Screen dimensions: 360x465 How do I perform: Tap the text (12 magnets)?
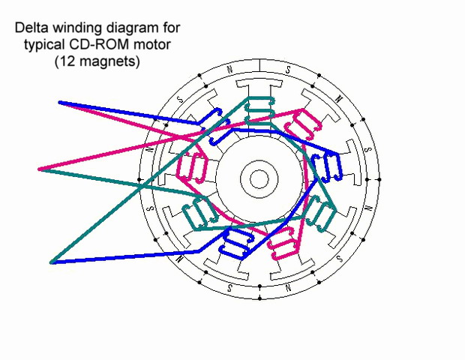(97, 63)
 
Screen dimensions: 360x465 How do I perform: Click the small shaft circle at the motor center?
(259, 178)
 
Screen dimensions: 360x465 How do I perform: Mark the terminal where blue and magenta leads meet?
(61, 103)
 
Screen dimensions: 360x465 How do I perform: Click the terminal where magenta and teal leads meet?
(40, 169)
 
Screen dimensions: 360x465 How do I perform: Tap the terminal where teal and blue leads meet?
(52, 262)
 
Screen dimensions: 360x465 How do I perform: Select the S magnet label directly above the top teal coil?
(287, 69)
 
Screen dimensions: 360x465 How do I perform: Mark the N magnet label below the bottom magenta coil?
(288, 288)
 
